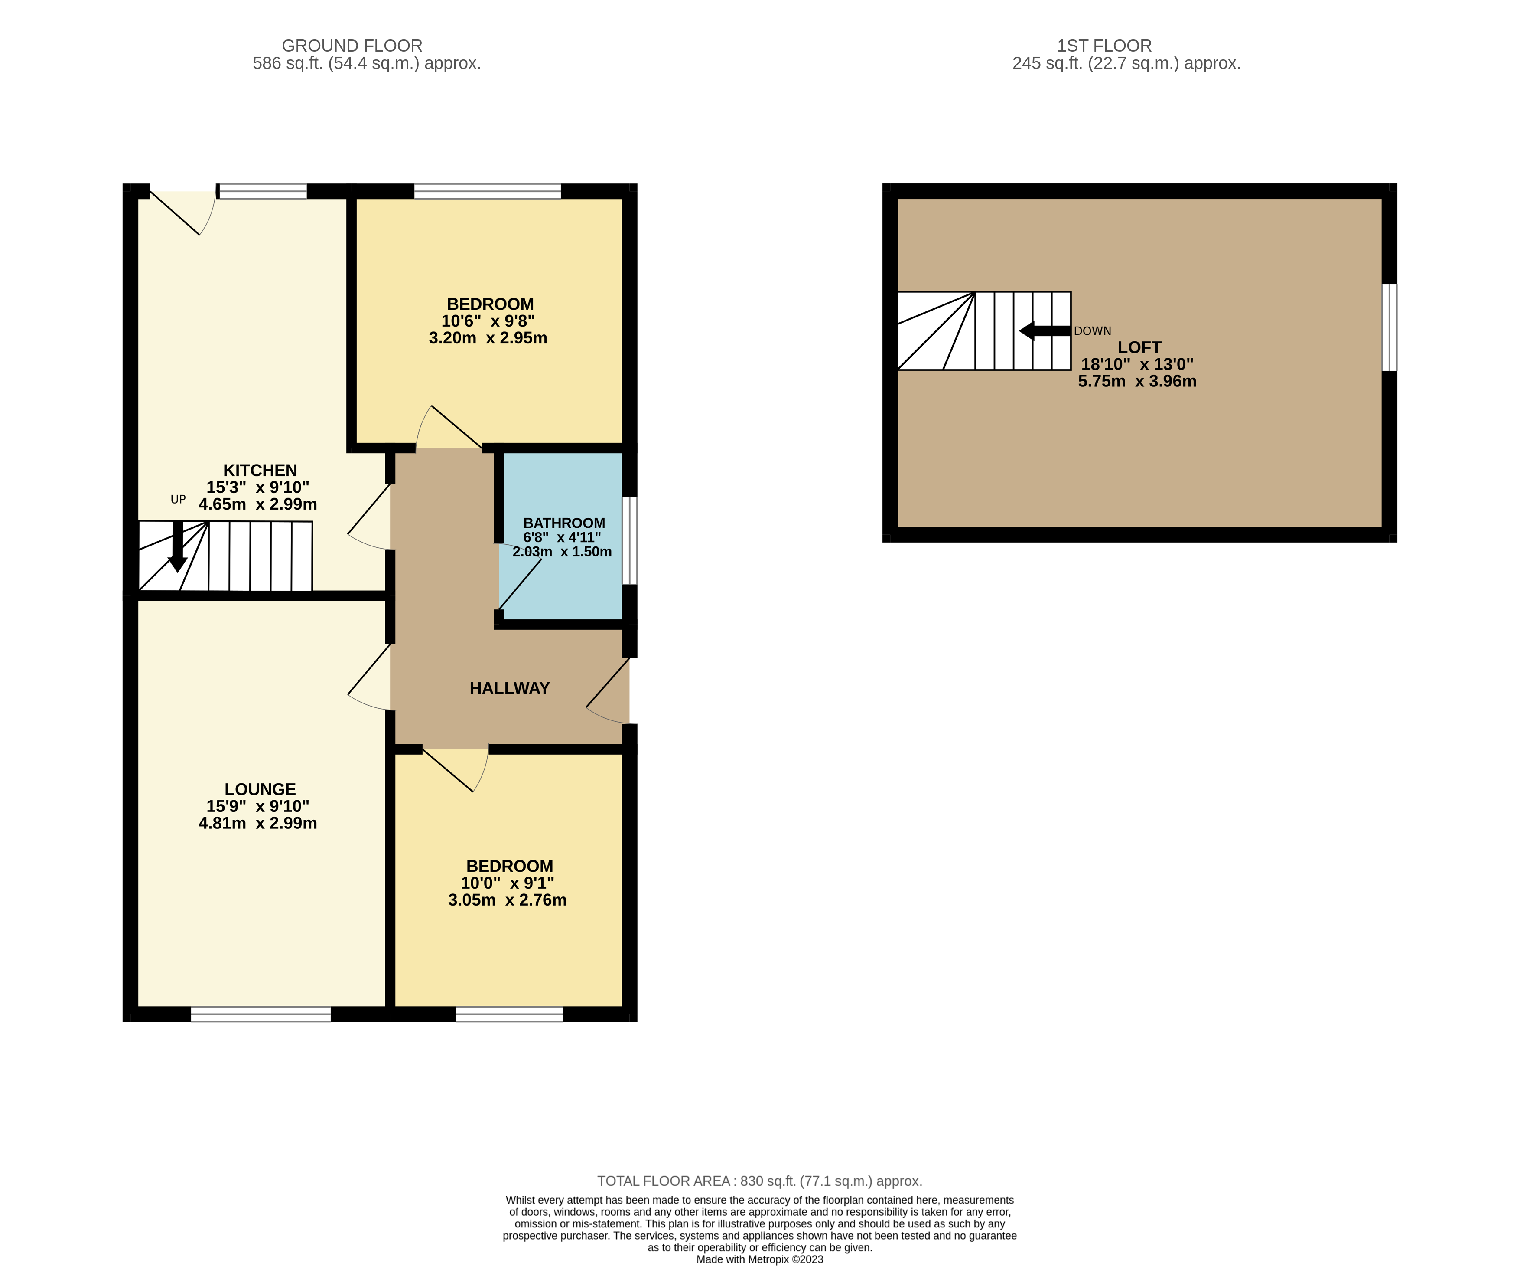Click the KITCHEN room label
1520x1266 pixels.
[x=260, y=471]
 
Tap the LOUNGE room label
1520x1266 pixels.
[x=260, y=789]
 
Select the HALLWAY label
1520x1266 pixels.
[x=510, y=688]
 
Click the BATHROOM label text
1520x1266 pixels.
[x=564, y=523]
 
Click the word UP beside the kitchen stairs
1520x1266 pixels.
[x=178, y=499]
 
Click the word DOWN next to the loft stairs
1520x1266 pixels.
[x=1092, y=331]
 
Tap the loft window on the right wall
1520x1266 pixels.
[x=1389, y=327]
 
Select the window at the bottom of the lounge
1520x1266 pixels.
[x=260, y=1014]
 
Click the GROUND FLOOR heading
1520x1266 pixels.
[x=352, y=46]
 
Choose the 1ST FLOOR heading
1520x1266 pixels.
[x=1104, y=46]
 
